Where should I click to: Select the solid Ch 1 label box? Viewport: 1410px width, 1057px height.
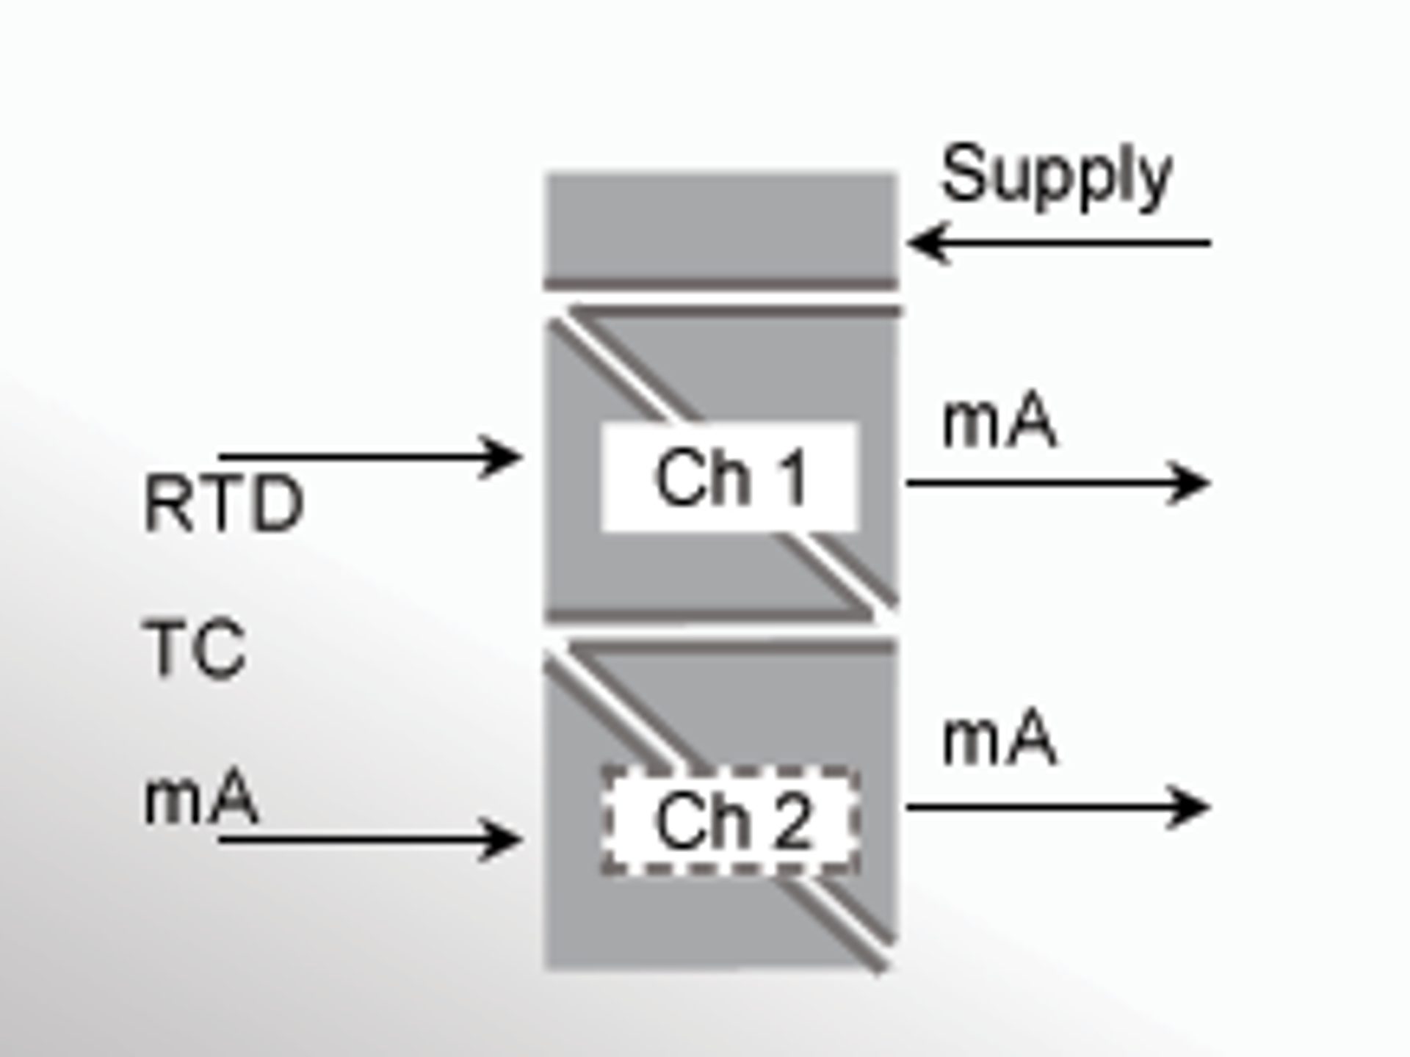730,477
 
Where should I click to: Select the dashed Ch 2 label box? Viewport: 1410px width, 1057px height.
730,821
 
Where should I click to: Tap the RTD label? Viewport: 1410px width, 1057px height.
223,504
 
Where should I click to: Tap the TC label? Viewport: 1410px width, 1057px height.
195,649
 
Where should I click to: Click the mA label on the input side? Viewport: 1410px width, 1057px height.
201,799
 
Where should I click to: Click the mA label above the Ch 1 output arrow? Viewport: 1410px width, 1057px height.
999,421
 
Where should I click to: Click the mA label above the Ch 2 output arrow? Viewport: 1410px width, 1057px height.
999,740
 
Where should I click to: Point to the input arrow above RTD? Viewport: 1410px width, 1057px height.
367,457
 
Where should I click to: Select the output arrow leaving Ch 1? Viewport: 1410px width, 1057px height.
1057,483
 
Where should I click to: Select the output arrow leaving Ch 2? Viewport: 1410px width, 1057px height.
1057,807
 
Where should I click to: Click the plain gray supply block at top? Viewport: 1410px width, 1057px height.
720,228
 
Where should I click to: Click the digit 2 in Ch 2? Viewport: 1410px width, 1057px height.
790,821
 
